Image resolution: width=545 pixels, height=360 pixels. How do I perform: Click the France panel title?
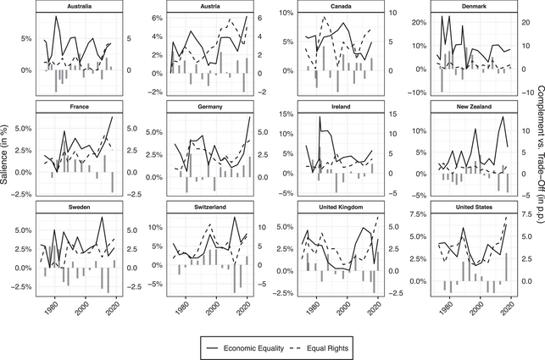coord(79,107)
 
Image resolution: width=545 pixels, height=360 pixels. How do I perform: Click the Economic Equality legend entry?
coord(254,346)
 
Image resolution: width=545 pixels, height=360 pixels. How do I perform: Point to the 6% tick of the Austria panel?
coord(155,18)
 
